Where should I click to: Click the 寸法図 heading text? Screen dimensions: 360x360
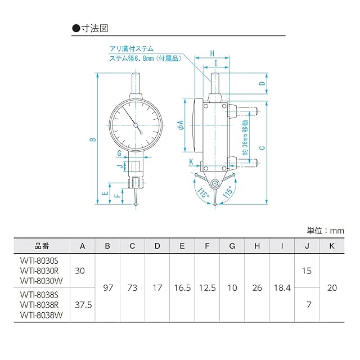(94, 29)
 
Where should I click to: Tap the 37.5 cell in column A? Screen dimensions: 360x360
(83, 305)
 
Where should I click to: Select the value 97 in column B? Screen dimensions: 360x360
(108, 287)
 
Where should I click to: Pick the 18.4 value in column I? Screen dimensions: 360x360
(282, 287)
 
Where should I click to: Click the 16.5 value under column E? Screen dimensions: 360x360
(182, 287)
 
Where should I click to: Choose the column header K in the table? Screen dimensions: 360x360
(332, 246)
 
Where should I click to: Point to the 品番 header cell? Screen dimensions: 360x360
(42, 246)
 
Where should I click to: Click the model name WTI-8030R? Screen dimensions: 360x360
(39, 271)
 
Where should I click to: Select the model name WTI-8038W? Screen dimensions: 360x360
(41, 315)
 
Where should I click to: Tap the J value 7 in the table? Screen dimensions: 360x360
(309, 305)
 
